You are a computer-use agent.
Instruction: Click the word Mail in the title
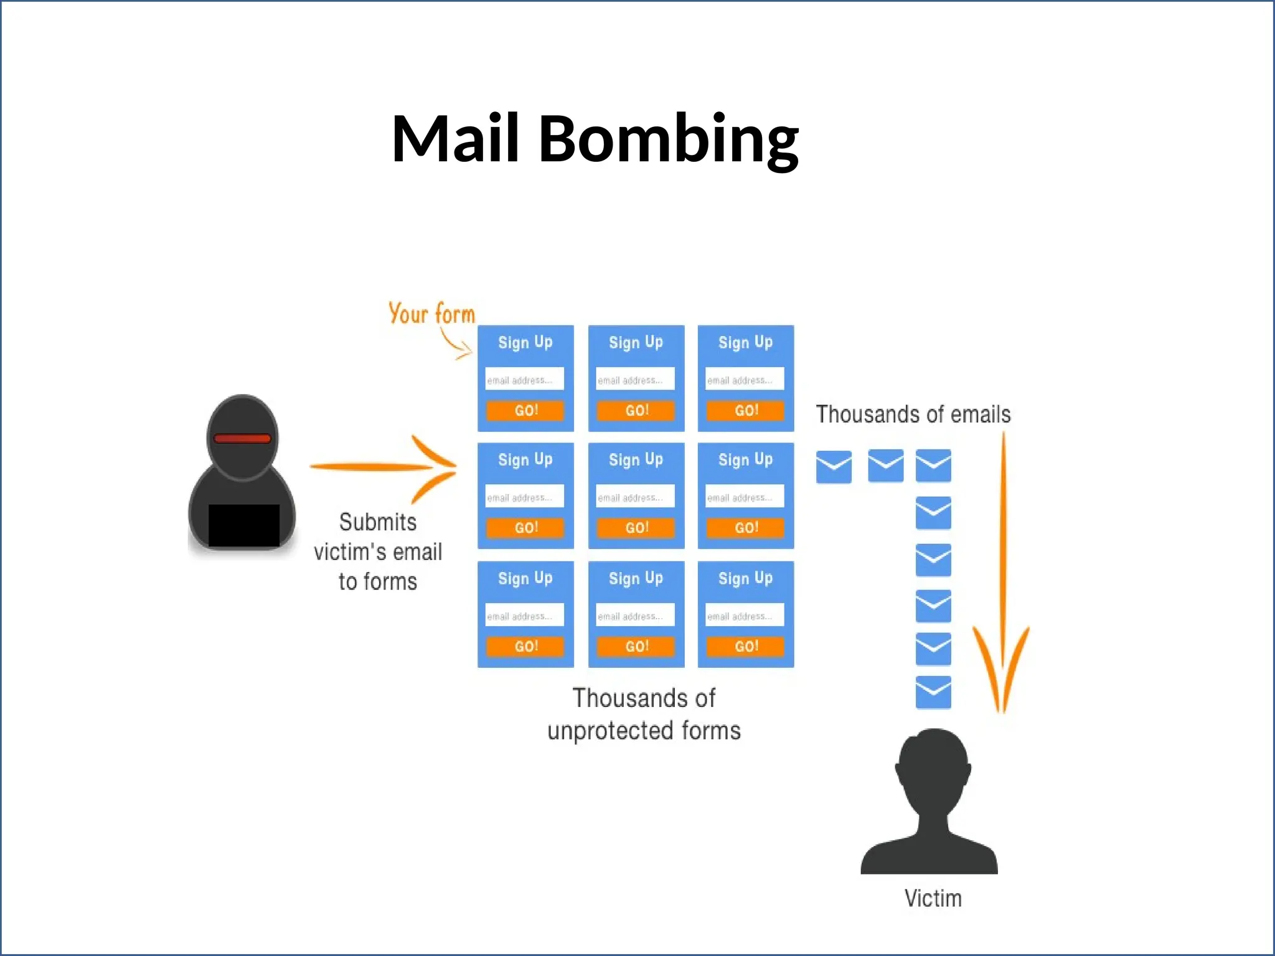point(455,139)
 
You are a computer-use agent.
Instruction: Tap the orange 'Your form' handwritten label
point(431,313)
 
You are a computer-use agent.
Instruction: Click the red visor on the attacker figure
point(242,438)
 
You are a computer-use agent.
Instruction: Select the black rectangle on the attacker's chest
point(243,525)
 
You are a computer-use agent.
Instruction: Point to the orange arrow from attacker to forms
point(383,467)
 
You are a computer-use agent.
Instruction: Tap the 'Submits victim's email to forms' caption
point(378,551)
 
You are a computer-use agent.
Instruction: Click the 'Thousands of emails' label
point(913,415)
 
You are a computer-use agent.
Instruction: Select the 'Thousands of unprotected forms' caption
point(644,715)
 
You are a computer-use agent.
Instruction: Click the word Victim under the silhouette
point(933,898)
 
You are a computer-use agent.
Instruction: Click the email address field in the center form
point(635,497)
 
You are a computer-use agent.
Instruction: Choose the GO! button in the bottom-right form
point(745,646)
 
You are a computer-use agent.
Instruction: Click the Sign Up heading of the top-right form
point(745,342)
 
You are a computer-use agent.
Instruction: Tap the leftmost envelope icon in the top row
point(834,467)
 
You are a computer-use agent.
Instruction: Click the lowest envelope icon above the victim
point(933,692)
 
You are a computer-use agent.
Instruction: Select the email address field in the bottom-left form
point(525,615)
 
